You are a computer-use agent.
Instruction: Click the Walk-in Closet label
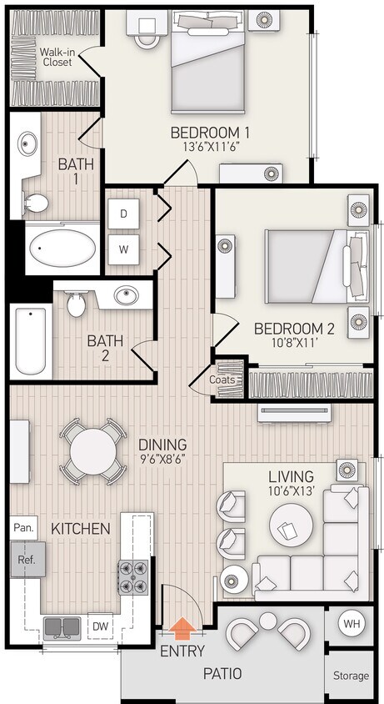pyautogui.click(x=57, y=57)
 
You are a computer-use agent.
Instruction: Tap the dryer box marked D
pyautogui.click(x=123, y=214)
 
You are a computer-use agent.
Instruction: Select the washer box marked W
pyautogui.click(x=123, y=249)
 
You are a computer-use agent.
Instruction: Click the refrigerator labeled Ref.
pyautogui.click(x=27, y=560)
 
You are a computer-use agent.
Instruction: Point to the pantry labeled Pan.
pyautogui.click(x=23, y=528)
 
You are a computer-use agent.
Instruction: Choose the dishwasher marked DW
pyautogui.click(x=99, y=626)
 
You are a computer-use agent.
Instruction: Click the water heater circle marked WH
pyautogui.click(x=351, y=623)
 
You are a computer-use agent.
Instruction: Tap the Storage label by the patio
pyautogui.click(x=351, y=676)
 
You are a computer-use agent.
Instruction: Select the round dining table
pyautogui.click(x=92, y=453)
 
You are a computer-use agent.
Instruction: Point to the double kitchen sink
pyautogui.click(x=63, y=626)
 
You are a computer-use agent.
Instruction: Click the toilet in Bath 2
pyautogui.click(x=77, y=305)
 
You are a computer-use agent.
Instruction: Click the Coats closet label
pyautogui.click(x=222, y=380)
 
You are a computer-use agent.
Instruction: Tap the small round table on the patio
pyautogui.click(x=267, y=621)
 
